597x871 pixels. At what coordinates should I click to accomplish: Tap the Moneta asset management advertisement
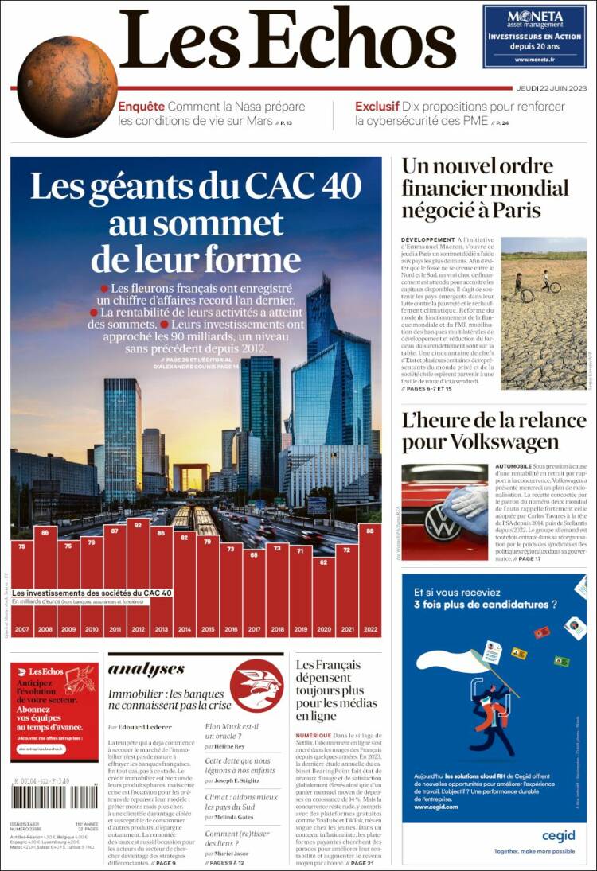(534, 36)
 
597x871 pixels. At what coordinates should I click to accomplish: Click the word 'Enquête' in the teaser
(141, 106)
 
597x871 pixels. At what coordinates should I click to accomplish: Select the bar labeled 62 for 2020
(323, 597)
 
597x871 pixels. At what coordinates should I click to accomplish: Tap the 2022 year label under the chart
(370, 630)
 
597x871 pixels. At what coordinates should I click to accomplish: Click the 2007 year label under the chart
(21, 630)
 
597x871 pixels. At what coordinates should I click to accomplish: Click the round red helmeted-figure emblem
(256, 685)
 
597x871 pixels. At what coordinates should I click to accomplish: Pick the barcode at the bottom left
(54, 796)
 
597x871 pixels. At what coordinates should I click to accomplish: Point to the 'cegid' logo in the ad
(559, 835)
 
